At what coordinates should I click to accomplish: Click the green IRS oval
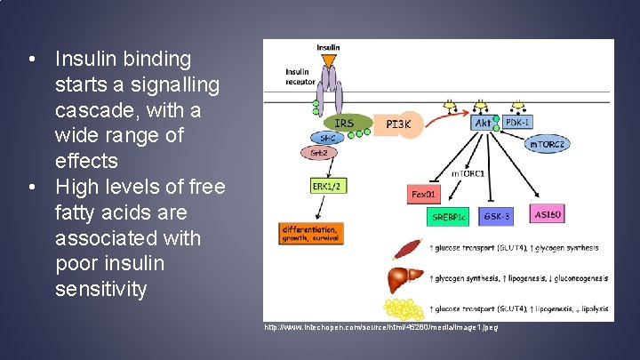(x=344, y=123)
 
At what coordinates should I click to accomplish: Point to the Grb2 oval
(x=320, y=152)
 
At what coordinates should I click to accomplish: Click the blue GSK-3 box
(x=495, y=215)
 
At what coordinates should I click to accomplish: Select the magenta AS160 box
(x=548, y=214)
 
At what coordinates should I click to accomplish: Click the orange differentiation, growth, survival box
(x=311, y=232)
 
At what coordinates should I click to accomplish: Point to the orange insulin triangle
(x=328, y=60)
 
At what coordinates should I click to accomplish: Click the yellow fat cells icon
(x=405, y=309)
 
